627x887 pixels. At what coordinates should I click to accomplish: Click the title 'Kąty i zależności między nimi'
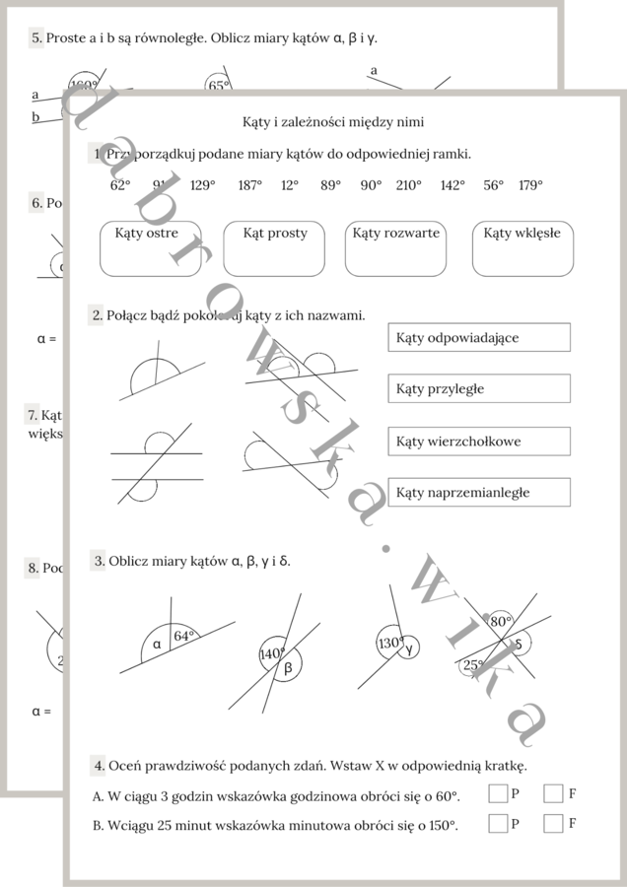coord(333,122)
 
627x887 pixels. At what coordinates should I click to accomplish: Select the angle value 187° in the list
coord(250,185)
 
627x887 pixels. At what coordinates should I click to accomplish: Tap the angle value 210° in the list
coord(408,185)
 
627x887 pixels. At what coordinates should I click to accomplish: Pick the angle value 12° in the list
coord(290,185)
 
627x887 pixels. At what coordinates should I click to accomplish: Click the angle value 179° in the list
coord(530,185)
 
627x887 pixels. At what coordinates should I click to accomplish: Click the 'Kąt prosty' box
coord(274,248)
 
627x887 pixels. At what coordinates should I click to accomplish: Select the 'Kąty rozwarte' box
coord(395,248)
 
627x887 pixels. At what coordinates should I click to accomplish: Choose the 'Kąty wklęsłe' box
coord(522,248)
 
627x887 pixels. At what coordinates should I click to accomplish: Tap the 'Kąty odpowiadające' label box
coord(478,337)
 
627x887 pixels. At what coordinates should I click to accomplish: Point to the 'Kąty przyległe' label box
coord(478,388)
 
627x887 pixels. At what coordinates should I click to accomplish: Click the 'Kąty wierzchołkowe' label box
coord(478,442)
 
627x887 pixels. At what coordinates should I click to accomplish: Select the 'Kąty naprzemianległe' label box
coord(478,492)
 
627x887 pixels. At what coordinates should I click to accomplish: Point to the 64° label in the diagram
coord(184,637)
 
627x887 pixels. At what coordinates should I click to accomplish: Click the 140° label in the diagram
coord(271,653)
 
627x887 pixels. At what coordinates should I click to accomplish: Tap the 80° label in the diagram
coord(501,622)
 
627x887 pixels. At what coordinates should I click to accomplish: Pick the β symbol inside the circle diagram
coord(288,668)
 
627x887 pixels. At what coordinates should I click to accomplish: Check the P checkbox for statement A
coord(498,793)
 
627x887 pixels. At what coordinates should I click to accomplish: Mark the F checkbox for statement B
coord(553,823)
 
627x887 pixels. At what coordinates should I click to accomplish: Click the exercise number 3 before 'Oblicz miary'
coord(100,561)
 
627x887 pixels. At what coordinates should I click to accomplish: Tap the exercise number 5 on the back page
coord(36,38)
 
